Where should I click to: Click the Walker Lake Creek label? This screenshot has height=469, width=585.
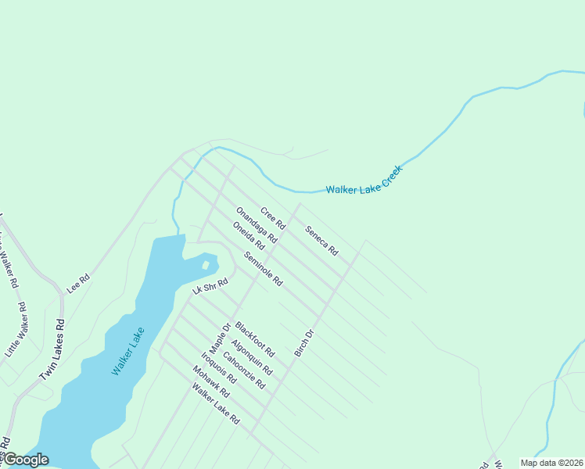tap(364, 180)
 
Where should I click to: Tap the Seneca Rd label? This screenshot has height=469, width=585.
tap(321, 241)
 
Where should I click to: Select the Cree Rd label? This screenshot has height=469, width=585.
tap(273, 218)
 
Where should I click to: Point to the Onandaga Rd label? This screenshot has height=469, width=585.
tap(257, 225)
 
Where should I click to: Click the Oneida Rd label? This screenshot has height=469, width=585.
tap(249, 236)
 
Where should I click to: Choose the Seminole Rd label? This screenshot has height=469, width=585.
tap(263, 268)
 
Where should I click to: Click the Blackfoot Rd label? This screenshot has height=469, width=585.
tap(255, 339)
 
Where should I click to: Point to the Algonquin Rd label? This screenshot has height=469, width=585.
tap(252, 357)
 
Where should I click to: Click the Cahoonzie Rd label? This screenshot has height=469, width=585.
tap(244, 371)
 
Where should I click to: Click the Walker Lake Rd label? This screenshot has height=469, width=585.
tap(216, 404)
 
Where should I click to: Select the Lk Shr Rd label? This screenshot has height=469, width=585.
tap(210, 287)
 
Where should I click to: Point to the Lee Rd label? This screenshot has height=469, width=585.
tap(78, 282)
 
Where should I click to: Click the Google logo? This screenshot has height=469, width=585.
tap(25, 460)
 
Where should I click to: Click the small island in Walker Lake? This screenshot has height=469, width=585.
tap(206, 265)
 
